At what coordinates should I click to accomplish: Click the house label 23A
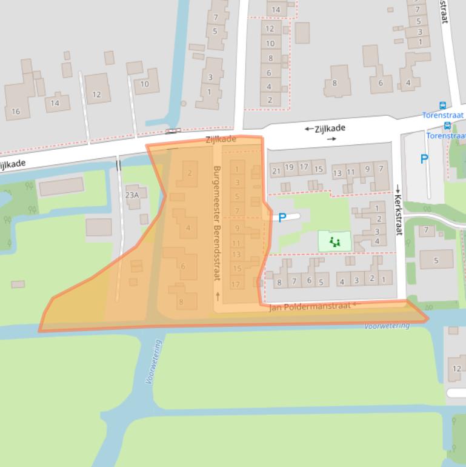click(131, 195)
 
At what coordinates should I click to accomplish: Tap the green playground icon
click(335, 242)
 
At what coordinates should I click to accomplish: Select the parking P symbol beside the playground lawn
click(282, 218)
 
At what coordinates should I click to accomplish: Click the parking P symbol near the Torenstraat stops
click(424, 160)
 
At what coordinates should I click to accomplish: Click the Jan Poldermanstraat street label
click(310, 307)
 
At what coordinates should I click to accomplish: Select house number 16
click(16, 111)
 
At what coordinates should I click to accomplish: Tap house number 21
click(276, 170)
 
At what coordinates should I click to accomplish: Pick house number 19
click(290, 167)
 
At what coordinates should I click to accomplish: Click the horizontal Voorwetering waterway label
click(387, 326)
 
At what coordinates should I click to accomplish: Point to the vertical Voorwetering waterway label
click(153, 361)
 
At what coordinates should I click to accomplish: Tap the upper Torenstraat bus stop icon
click(442, 106)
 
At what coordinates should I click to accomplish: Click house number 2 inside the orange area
click(189, 173)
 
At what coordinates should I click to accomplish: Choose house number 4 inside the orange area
click(188, 228)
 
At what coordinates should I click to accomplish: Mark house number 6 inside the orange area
click(182, 266)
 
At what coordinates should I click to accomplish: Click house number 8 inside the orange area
click(180, 301)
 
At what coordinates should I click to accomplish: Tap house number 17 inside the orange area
click(236, 284)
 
